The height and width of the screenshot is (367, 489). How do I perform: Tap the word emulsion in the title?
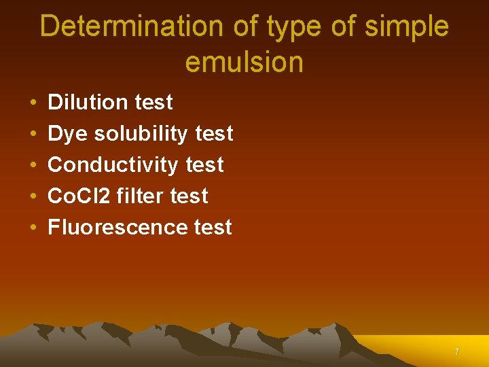(244, 63)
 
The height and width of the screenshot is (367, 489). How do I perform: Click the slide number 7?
(457, 352)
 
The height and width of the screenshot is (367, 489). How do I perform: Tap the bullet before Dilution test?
(33, 103)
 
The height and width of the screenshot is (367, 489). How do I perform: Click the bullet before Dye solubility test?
(33, 135)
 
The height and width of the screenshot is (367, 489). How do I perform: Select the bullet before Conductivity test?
(33, 166)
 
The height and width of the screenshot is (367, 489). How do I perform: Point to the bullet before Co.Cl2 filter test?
(33, 197)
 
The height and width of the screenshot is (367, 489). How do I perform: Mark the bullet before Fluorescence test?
(33, 228)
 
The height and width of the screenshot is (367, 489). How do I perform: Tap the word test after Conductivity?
(204, 165)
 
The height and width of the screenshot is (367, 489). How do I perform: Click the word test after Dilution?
(154, 102)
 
